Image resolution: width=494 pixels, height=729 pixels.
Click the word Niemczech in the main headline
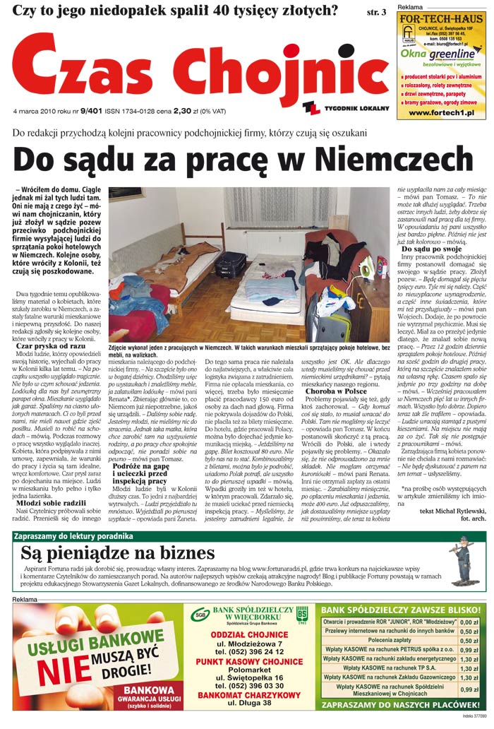(x=399, y=160)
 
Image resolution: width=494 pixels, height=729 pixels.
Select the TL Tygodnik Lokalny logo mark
(x=311, y=107)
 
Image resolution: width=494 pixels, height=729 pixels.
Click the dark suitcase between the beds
(x=231, y=264)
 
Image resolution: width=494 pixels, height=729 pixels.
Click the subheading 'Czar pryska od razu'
(x=51, y=347)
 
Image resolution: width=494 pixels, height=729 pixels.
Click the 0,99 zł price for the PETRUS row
(x=469, y=649)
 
